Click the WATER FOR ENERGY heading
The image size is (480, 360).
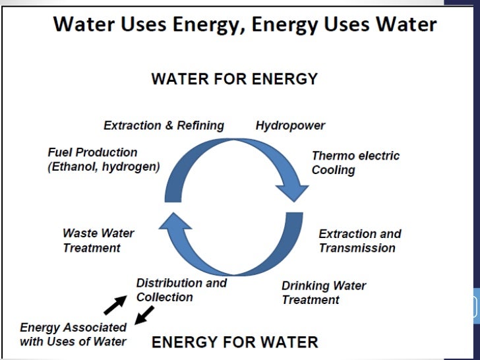tap(234, 80)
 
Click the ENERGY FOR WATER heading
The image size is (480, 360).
tap(235, 342)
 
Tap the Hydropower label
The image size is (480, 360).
tap(290, 125)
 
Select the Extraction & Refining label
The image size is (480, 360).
tap(164, 125)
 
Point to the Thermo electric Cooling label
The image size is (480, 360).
tap(355, 163)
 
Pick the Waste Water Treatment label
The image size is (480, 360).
tap(98, 240)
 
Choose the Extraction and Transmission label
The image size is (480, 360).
tap(359, 241)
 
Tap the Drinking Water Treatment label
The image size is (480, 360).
tap(323, 293)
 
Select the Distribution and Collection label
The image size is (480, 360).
tap(181, 290)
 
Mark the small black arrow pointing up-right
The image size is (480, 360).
tap(115, 304)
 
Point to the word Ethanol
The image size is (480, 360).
tap(73, 167)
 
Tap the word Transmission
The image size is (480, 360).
tap(357, 248)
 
